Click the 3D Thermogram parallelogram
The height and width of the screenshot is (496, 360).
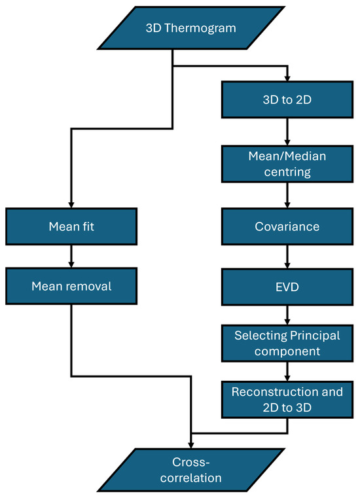191,28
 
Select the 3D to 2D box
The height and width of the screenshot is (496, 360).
287,99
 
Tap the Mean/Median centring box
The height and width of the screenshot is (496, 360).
287,164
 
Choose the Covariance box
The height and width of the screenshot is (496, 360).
287,226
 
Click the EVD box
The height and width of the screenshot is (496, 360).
287,287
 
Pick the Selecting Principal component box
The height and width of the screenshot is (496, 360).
287,344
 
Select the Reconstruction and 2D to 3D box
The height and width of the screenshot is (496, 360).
287,400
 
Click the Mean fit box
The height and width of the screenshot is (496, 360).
71,226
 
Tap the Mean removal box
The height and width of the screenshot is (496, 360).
71,286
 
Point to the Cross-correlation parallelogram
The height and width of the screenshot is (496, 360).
191,470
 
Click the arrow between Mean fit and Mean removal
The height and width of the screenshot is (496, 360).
71,257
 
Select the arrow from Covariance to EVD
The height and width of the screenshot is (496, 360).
287,257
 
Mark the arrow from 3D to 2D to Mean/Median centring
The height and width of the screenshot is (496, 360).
287,132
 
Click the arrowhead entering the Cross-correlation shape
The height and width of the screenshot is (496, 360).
191,445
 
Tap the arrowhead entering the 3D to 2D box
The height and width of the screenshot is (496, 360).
287,78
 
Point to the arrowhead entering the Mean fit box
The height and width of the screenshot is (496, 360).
71,205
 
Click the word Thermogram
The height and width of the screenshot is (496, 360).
200,28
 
